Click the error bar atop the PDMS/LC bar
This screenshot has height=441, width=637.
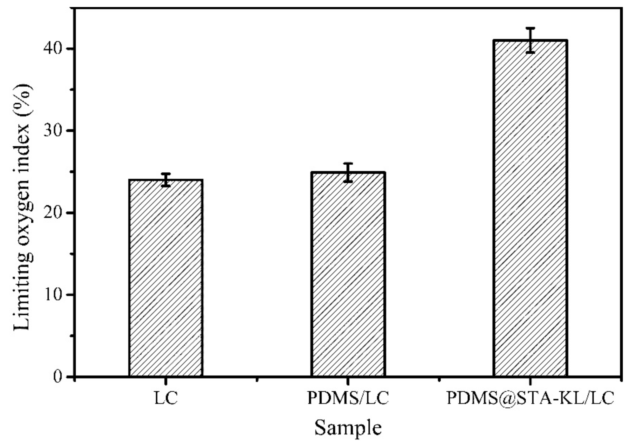point(348,172)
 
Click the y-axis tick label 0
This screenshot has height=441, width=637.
point(57,377)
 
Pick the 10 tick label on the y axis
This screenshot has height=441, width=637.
point(52,295)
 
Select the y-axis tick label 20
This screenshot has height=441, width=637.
point(52,213)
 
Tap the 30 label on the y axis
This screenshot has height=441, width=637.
point(52,131)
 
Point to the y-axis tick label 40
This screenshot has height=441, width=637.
point(52,49)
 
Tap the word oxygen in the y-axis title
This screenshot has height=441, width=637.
point(23,216)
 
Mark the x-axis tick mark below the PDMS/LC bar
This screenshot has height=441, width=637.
point(348,381)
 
